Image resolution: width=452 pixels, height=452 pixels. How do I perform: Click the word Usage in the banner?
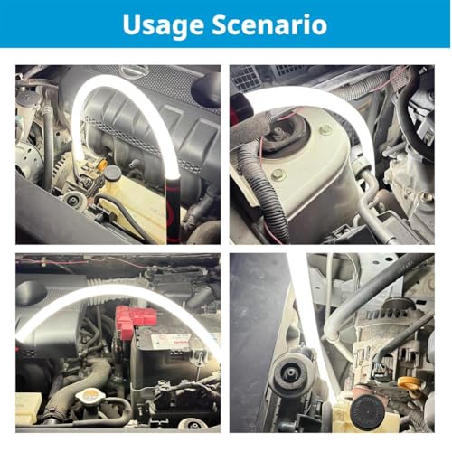pyautogui.click(x=163, y=25)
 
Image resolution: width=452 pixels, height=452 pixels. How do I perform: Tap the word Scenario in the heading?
pyautogui.click(x=269, y=24)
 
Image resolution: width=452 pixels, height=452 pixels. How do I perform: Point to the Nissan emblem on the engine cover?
pyautogui.click(x=133, y=71)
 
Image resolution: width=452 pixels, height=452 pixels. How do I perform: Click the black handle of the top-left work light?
pyautogui.click(x=173, y=210)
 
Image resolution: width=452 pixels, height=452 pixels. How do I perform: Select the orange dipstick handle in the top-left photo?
pyautogui.click(x=103, y=165)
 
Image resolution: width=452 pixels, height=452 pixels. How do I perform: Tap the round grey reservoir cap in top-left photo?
pyautogui.click(x=112, y=172)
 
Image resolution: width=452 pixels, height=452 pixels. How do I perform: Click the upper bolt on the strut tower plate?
pyautogui.click(x=325, y=130)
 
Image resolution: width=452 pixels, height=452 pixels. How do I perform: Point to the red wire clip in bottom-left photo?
pyautogui.click(x=42, y=261)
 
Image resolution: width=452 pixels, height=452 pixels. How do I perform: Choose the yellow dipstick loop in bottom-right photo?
pyautogui.click(x=410, y=385)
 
